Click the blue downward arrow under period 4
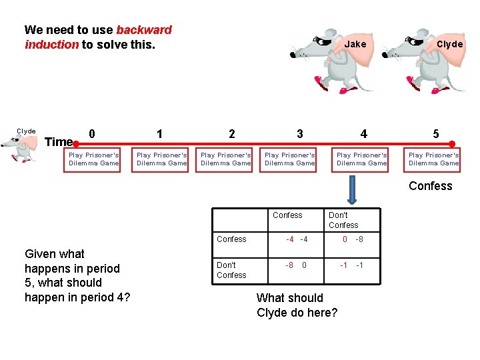[x=353, y=192]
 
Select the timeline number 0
[x=92, y=133]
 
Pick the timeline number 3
[x=299, y=133]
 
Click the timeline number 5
[x=435, y=133]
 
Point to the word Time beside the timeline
[x=58, y=141]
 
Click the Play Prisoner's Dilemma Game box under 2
[x=226, y=159]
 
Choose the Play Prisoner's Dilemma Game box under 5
[x=433, y=159]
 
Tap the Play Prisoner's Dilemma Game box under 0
[x=94, y=159]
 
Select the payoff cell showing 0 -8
[x=353, y=239]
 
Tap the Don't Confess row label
[x=231, y=270]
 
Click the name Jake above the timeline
[x=355, y=44]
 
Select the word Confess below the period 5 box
[x=430, y=186]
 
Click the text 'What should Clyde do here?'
[x=297, y=305]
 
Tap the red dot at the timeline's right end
[x=451, y=144]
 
